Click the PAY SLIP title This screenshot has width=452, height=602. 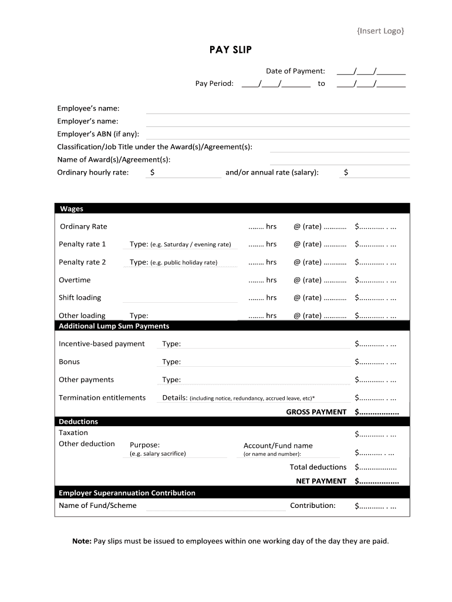[x=231, y=50]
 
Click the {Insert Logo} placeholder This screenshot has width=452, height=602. [x=380, y=31]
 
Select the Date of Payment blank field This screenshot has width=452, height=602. [x=371, y=71]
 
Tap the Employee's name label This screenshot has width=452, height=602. [x=88, y=108]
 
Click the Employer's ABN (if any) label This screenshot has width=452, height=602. [x=98, y=134]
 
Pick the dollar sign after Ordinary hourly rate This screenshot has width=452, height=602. [x=153, y=172]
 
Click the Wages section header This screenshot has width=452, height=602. [x=72, y=209]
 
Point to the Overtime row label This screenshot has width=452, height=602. [x=75, y=280]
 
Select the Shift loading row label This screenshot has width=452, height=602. [x=80, y=297]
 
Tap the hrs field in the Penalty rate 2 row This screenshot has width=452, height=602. [x=262, y=262]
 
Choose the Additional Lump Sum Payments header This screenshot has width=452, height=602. [x=114, y=326]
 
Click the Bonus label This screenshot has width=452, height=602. [x=69, y=362]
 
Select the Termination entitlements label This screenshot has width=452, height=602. [x=102, y=397]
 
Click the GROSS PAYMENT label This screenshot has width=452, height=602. [x=316, y=412]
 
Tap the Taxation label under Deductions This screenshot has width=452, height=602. [x=73, y=433]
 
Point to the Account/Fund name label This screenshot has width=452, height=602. [x=278, y=446]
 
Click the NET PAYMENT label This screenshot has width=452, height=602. [x=321, y=481]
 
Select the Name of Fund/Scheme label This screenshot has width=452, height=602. [x=97, y=505]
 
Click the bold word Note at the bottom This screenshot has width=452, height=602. [x=82, y=541]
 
